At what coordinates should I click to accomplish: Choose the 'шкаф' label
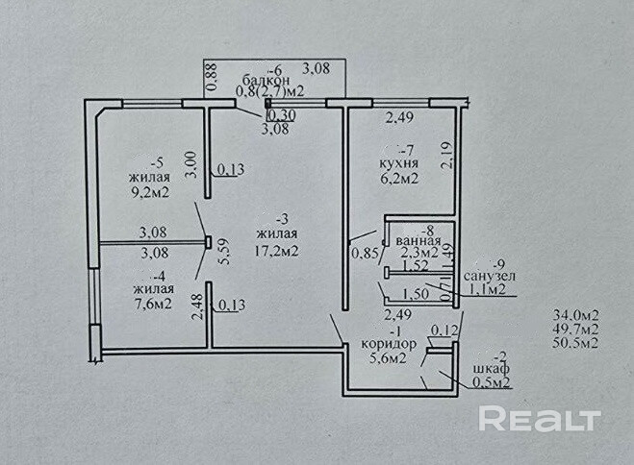[x=490, y=370]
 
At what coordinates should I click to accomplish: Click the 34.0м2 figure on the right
[x=575, y=314]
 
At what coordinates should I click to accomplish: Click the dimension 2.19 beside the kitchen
[x=445, y=157]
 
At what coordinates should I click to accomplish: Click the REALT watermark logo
[x=540, y=418]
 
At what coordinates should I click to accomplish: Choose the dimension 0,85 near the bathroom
[x=366, y=254]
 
